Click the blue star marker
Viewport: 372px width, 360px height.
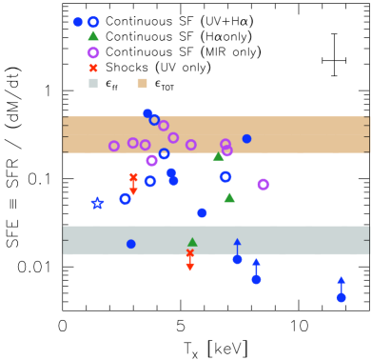97,203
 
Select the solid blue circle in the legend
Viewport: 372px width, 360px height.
78,22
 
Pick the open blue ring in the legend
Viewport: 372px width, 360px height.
93,22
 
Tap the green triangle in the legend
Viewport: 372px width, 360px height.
93,36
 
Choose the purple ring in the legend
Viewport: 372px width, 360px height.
93,53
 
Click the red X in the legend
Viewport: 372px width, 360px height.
93,69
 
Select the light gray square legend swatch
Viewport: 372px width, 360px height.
93,84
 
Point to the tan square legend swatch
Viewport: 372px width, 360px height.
143,84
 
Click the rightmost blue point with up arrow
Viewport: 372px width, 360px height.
341,297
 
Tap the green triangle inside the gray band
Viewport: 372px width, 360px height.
192,242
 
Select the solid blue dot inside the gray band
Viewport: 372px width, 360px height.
131,244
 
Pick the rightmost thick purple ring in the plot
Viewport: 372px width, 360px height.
263,184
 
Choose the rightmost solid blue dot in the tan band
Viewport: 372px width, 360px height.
246,138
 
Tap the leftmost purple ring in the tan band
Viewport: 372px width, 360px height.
114,146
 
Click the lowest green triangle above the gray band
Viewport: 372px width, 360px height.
229,197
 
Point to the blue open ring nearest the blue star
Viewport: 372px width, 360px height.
125,199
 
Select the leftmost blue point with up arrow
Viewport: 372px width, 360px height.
237,259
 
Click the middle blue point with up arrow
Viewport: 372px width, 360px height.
256,279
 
